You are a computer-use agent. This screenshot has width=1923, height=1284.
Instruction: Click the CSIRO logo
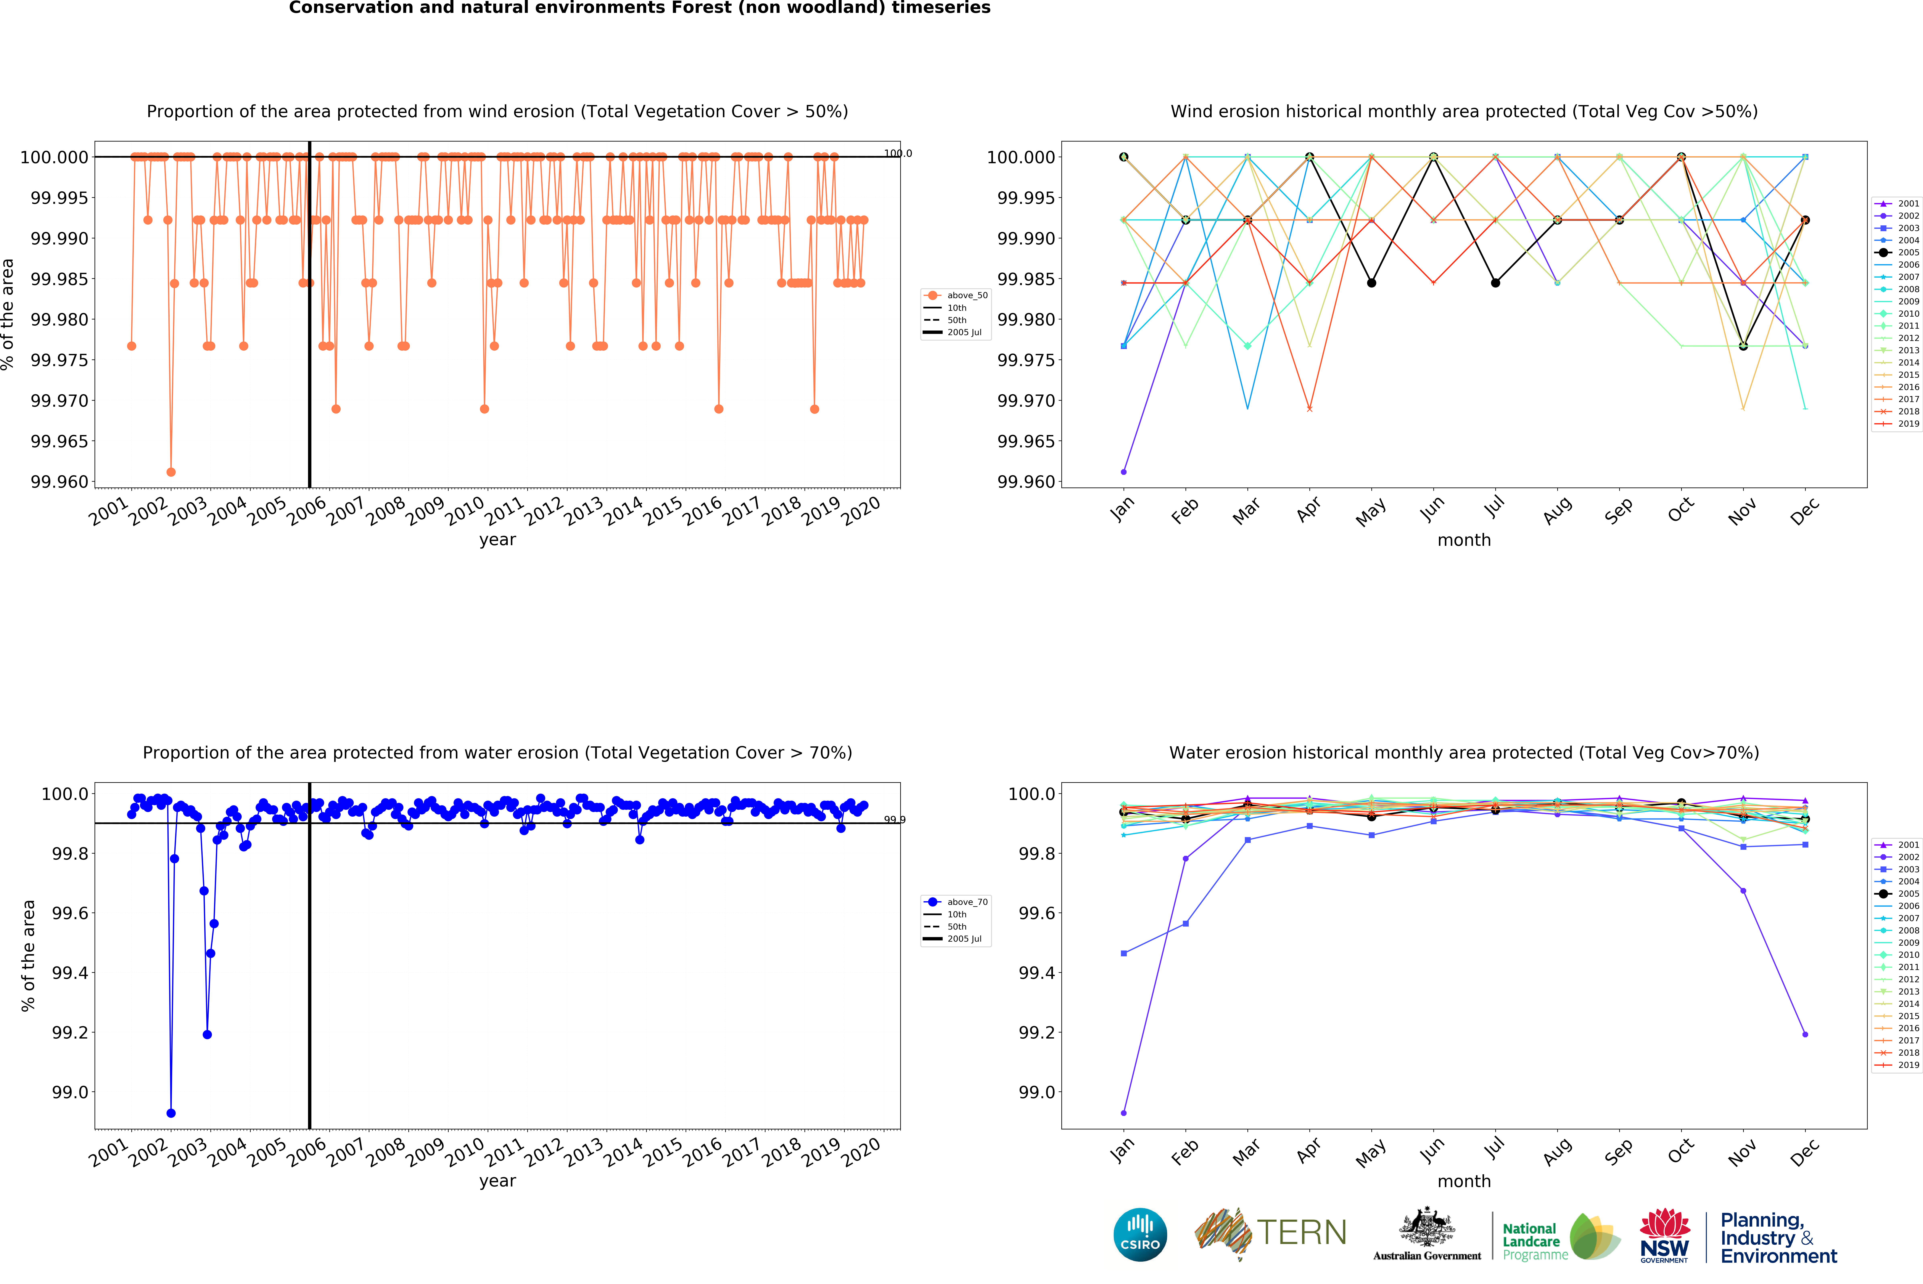(x=1140, y=1234)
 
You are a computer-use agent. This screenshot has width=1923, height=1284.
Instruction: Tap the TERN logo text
(x=1301, y=1232)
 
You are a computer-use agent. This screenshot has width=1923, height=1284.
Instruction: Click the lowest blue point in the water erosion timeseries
(x=170, y=1113)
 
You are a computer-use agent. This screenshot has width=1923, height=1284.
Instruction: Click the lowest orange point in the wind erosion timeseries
(x=170, y=472)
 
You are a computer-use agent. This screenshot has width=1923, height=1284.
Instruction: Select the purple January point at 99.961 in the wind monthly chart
(x=1123, y=472)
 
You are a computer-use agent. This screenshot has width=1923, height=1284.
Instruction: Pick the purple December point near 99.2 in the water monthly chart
(x=1805, y=1034)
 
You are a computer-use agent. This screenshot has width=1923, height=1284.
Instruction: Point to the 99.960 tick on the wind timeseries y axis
(x=59, y=481)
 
